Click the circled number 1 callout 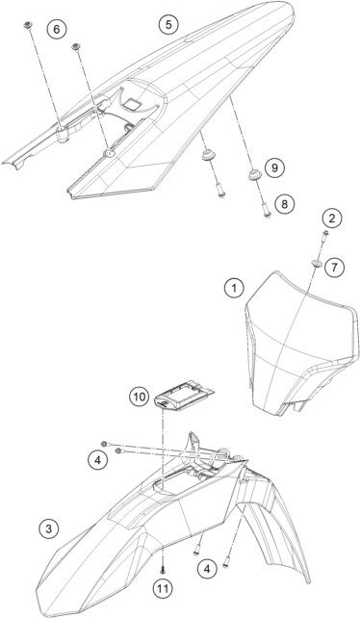[234, 288]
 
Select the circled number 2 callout [332, 218]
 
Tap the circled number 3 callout [49, 528]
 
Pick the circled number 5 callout [168, 24]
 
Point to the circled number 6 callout [57, 29]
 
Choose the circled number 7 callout [334, 268]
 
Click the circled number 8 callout [285, 203]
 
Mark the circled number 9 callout [274, 167]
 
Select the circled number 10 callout [140, 397]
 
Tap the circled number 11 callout [163, 589]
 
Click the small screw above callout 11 [163, 569]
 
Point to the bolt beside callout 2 [324, 235]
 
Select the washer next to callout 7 [317, 262]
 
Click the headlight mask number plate [298, 343]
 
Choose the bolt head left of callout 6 [28, 25]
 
